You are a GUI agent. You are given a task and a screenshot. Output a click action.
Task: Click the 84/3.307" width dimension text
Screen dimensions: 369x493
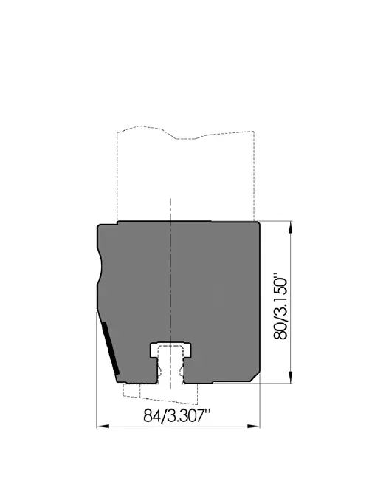click(x=177, y=415)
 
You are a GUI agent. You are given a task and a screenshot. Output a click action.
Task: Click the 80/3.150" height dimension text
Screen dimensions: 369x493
click(x=280, y=308)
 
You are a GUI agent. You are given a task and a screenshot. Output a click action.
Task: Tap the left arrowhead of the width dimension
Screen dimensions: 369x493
click(x=103, y=426)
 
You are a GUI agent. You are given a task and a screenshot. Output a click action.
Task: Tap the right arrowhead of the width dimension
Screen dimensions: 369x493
click(x=254, y=426)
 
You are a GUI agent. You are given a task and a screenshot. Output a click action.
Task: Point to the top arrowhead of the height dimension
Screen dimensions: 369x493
click(x=290, y=227)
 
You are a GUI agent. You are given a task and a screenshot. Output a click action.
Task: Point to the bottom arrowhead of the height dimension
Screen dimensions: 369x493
click(x=290, y=377)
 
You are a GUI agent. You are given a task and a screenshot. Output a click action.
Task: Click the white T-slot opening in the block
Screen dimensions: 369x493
click(x=170, y=361)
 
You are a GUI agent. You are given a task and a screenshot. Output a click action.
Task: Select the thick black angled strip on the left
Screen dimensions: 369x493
click(x=111, y=348)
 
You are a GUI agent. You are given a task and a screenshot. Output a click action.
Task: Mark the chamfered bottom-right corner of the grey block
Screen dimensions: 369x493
click(x=255, y=377)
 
